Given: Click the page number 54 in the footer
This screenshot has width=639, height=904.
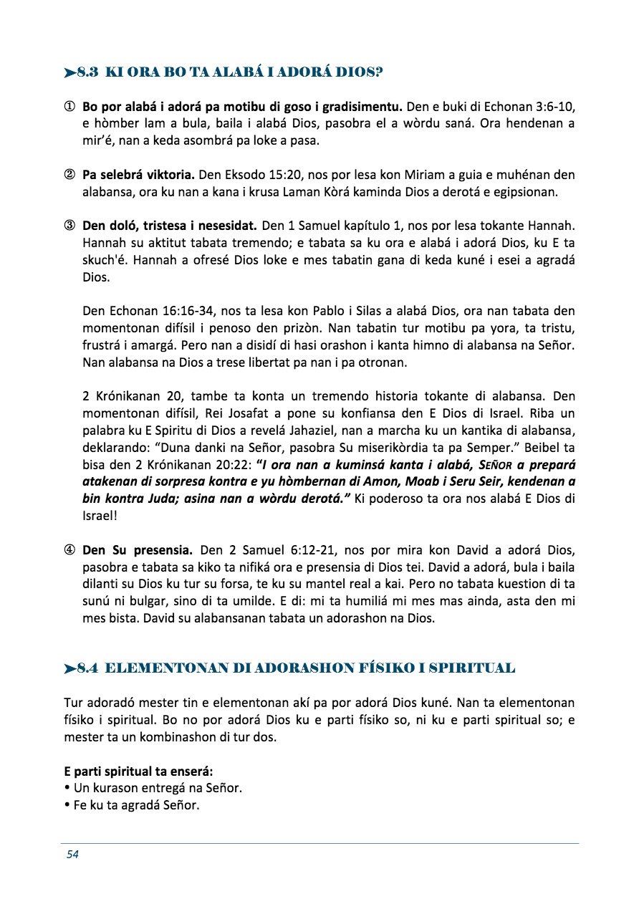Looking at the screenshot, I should (72, 854).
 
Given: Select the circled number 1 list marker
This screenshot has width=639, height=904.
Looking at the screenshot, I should (70, 107).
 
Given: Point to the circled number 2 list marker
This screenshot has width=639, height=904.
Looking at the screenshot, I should (70, 175).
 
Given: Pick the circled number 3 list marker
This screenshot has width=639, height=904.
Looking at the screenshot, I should (70, 226).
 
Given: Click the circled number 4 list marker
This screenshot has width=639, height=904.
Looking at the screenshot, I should (70, 551).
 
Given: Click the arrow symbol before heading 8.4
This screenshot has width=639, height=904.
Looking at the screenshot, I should (69, 669).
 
